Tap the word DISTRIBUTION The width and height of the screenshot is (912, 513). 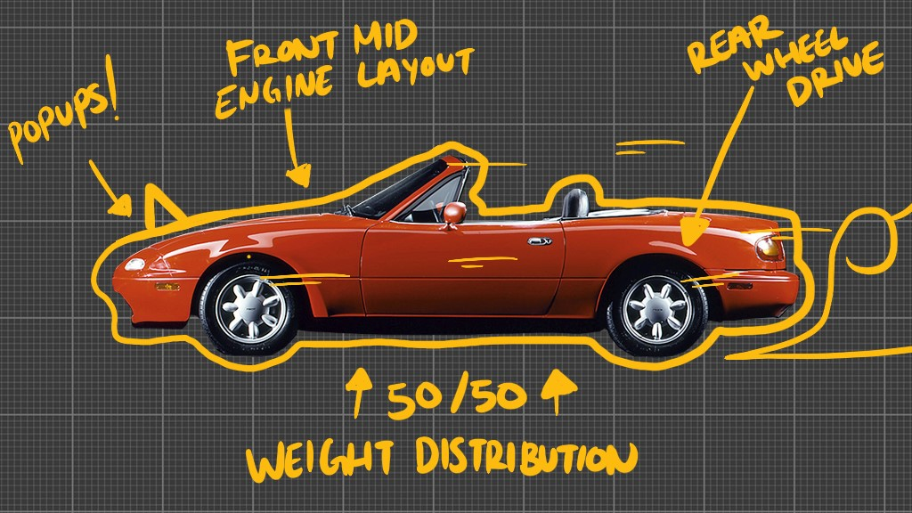tap(526, 456)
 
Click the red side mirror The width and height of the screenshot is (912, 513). tap(453, 213)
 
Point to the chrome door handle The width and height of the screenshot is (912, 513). tap(539, 240)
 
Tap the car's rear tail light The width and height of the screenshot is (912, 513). tap(769, 247)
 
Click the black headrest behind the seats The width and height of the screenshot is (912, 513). tap(576, 203)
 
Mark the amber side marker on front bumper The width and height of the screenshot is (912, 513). tap(167, 287)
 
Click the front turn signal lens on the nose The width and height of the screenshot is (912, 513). tap(134, 265)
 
